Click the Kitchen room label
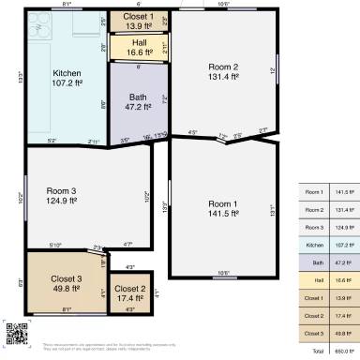point(67,78)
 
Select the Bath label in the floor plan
point(138,101)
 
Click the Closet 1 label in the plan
point(139,21)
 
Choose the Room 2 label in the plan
point(222,72)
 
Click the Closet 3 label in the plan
point(67,285)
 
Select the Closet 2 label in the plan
point(130,293)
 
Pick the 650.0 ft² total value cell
point(343,351)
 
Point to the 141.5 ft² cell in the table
point(343,192)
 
